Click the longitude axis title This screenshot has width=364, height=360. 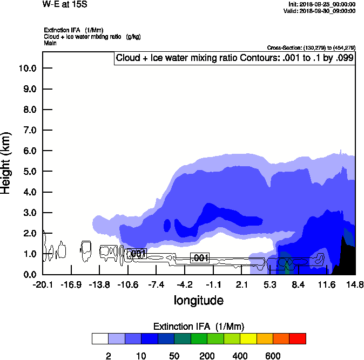[x=198, y=300]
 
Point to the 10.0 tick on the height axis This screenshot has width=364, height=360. [x=28, y=68]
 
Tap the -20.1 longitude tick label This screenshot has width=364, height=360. [x=43, y=285]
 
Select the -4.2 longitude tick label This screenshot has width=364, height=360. [x=185, y=285]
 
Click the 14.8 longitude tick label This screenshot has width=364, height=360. [x=355, y=285]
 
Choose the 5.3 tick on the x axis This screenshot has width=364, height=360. [x=270, y=285]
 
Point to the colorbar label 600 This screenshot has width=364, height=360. [x=273, y=356]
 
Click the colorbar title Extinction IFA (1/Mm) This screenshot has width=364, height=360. [x=199, y=327]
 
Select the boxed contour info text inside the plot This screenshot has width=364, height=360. [x=234, y=58]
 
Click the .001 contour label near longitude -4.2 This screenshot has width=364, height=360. [x=200, y=258]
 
